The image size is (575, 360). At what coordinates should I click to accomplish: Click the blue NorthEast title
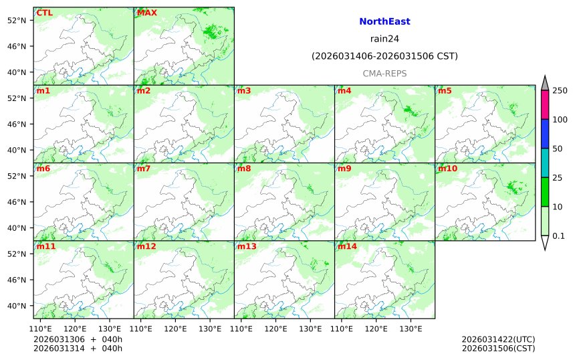tap(384, 21)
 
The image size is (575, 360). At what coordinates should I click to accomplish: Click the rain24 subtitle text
tap(384, 39)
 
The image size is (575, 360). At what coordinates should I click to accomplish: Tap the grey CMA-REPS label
tap(384, 74)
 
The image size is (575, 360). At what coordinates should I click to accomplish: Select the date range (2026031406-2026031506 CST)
tap(384, 56)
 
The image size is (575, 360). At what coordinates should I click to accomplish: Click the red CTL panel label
tap(45, 13)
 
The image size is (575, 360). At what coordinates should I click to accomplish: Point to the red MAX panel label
tap(146, 13)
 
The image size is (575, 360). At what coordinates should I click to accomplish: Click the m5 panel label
tap(445, 91)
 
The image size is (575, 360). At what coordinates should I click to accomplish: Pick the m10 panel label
tap(447, 169)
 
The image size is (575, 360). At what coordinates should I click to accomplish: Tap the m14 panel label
tap(347, 246)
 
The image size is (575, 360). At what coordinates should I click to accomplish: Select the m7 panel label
tap(144, 169)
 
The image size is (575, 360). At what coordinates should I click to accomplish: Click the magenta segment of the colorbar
tap(545, 105)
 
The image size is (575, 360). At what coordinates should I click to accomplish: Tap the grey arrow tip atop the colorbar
tap(545, 82)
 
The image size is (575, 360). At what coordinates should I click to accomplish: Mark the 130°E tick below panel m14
tap(411, 329)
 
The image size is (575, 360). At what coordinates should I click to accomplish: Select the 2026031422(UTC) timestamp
tap(498, 340)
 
